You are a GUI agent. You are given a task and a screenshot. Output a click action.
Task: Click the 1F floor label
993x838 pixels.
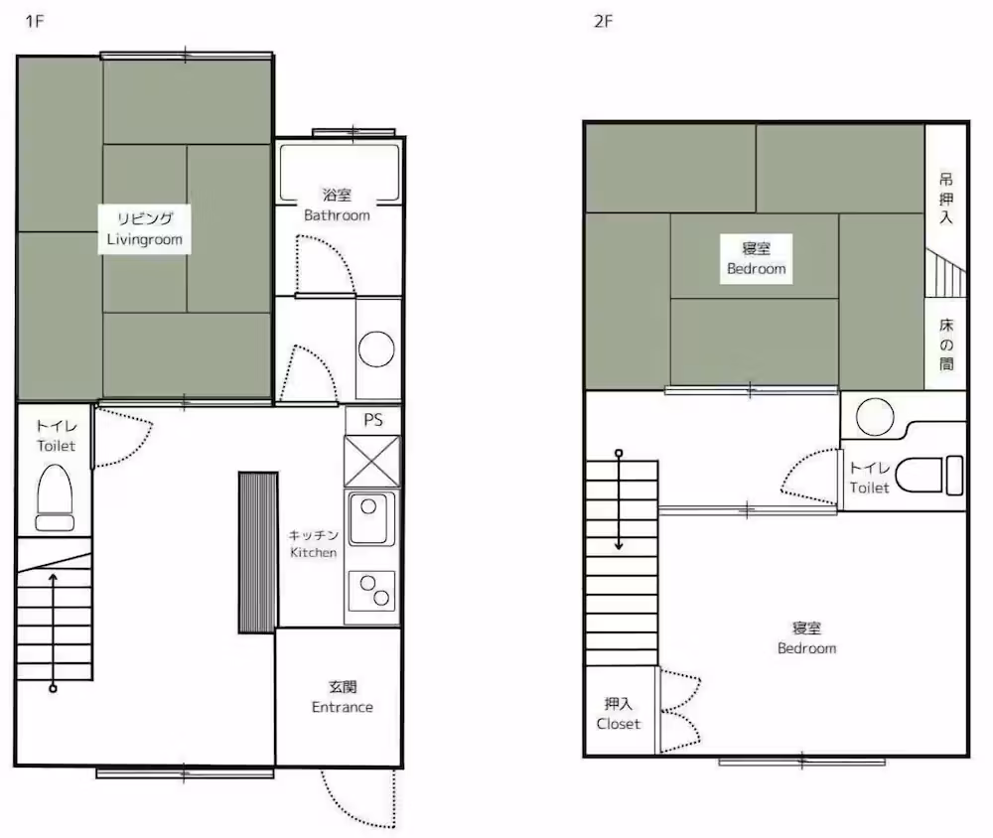[x=34, y=22]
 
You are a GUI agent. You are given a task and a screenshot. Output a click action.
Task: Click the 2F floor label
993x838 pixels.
[x=603, y=22]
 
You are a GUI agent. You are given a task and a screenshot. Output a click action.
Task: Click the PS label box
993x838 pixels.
[x=373, y=420]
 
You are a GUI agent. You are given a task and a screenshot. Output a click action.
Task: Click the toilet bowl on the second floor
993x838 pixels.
[x=929, y=475]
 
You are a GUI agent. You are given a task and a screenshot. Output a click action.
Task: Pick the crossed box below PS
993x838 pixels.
[x=372, y=461]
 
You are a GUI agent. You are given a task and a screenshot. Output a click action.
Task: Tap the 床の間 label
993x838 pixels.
[x=946, y=345]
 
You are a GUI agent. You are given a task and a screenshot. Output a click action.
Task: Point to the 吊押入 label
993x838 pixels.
[x=945, y=199]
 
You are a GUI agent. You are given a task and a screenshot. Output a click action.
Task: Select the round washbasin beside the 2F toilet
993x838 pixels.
[x=875, y=417]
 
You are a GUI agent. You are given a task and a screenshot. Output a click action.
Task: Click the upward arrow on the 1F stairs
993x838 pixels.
[x=54, y=631]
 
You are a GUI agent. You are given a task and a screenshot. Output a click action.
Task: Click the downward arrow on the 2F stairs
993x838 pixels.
[x=619, y=500]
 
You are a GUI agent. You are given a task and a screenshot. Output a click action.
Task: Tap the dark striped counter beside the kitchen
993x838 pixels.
[x=258, y=552]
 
